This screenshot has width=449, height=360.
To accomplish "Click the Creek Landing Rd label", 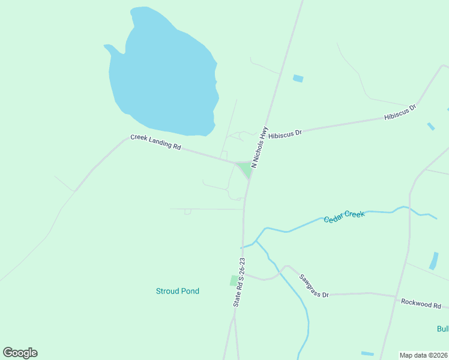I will pos(155,142).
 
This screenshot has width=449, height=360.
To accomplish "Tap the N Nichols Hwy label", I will pos(259,146).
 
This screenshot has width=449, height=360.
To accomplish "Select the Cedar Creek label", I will pos(344,217).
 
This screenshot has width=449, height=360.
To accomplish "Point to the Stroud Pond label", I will pos(177,291).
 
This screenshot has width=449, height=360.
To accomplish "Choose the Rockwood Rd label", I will pos(421,304).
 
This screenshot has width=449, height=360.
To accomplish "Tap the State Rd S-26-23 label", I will pos(238,283).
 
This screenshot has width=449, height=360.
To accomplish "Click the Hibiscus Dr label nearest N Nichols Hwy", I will pos(285,134).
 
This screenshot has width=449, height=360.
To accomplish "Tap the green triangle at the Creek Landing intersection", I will pos(244,169).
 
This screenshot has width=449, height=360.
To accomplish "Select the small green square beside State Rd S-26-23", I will pos(234,280).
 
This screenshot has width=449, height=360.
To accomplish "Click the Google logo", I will pos(20,353).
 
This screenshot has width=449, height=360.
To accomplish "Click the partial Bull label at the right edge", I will pos(443,329).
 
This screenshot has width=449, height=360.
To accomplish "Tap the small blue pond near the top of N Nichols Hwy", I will pos(298,78).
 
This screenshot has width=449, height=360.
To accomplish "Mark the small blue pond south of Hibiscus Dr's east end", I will pos(431,126).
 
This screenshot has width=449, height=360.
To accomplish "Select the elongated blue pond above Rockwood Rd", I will pos(434,260).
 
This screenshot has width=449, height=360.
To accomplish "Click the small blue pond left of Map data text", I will pos(367,353).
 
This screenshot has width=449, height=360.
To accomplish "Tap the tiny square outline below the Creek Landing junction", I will pos(187,211).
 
